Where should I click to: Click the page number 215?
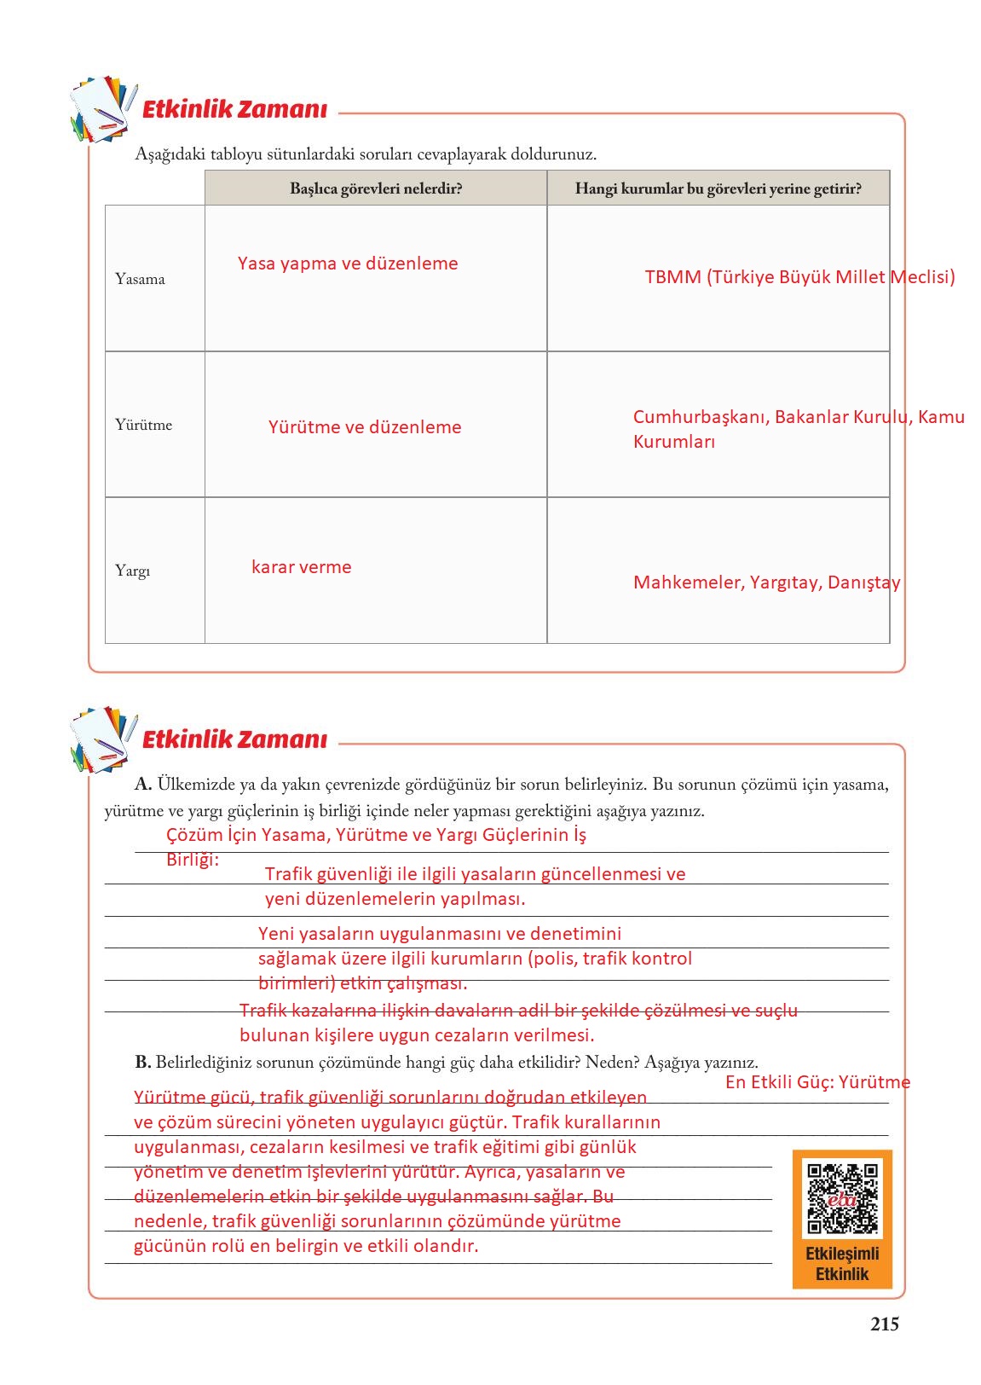tap(884, 1324)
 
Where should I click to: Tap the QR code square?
tap(842, 1198)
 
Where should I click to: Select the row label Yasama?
tap(140, 279)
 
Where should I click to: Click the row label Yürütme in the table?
tap(143, 425)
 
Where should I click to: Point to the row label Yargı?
tap(132, 571)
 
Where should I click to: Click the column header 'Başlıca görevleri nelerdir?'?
tap(376, 188)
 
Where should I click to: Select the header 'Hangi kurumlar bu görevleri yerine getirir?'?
tap(718, 188)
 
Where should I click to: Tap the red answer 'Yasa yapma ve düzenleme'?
tap(348, 264)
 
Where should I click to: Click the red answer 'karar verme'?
tap(301, 567)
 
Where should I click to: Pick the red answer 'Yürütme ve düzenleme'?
tap(365, 427)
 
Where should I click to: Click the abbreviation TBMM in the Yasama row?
tap(672, 277)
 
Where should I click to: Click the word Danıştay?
tap(863, 582)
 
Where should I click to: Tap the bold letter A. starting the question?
tap(143, 784)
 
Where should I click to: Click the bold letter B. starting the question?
tap(143, 1062)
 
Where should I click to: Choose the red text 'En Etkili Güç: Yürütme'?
tap(817, 1082)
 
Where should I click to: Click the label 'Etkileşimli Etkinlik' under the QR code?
tap(842, 1264)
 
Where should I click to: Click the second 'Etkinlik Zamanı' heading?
tap(234, 739)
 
